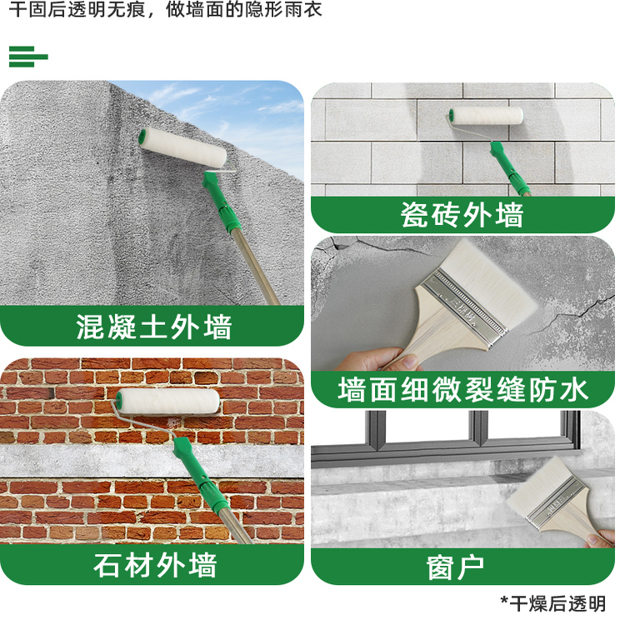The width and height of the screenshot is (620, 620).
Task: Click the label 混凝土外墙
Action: [153, 326]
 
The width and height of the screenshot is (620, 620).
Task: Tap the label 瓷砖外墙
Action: [462, 215]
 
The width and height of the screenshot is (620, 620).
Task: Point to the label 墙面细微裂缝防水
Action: [462, 389]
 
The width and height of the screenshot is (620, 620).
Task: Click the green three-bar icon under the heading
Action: [27, 57]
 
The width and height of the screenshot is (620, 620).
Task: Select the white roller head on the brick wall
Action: [167, 402]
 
